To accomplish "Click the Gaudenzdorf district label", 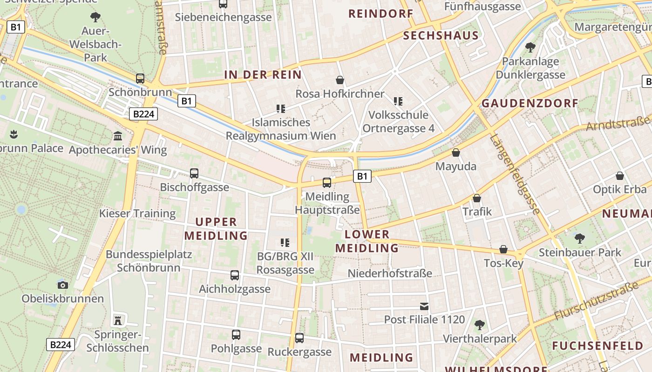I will tap(523, 103).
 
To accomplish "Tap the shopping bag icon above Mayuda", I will tap(456, 153).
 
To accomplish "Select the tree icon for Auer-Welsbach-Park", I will tap(95, 18).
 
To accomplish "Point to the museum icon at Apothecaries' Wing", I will tap(118, 136).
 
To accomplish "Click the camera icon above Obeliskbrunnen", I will tap(62, 285).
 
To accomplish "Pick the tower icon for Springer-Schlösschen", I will tap(118, 320).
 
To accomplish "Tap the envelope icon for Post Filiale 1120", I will tap(424, 306).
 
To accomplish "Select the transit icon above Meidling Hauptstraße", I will tap(327, 182).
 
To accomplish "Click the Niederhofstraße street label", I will tap(390, 273).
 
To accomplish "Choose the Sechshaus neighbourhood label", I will tap(441, 36).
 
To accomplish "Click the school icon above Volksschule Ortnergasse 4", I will tap(398, 101).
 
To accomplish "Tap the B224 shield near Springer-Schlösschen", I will tap(61, 345).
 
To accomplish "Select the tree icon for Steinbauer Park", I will tap(579, 239).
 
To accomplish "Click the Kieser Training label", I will tap(137, 213).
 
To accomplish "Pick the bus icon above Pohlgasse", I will tap(236, 334).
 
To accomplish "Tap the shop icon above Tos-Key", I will tap(503, 249).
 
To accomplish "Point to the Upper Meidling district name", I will tap(216, 229).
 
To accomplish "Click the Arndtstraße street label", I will tap(618, 124).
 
